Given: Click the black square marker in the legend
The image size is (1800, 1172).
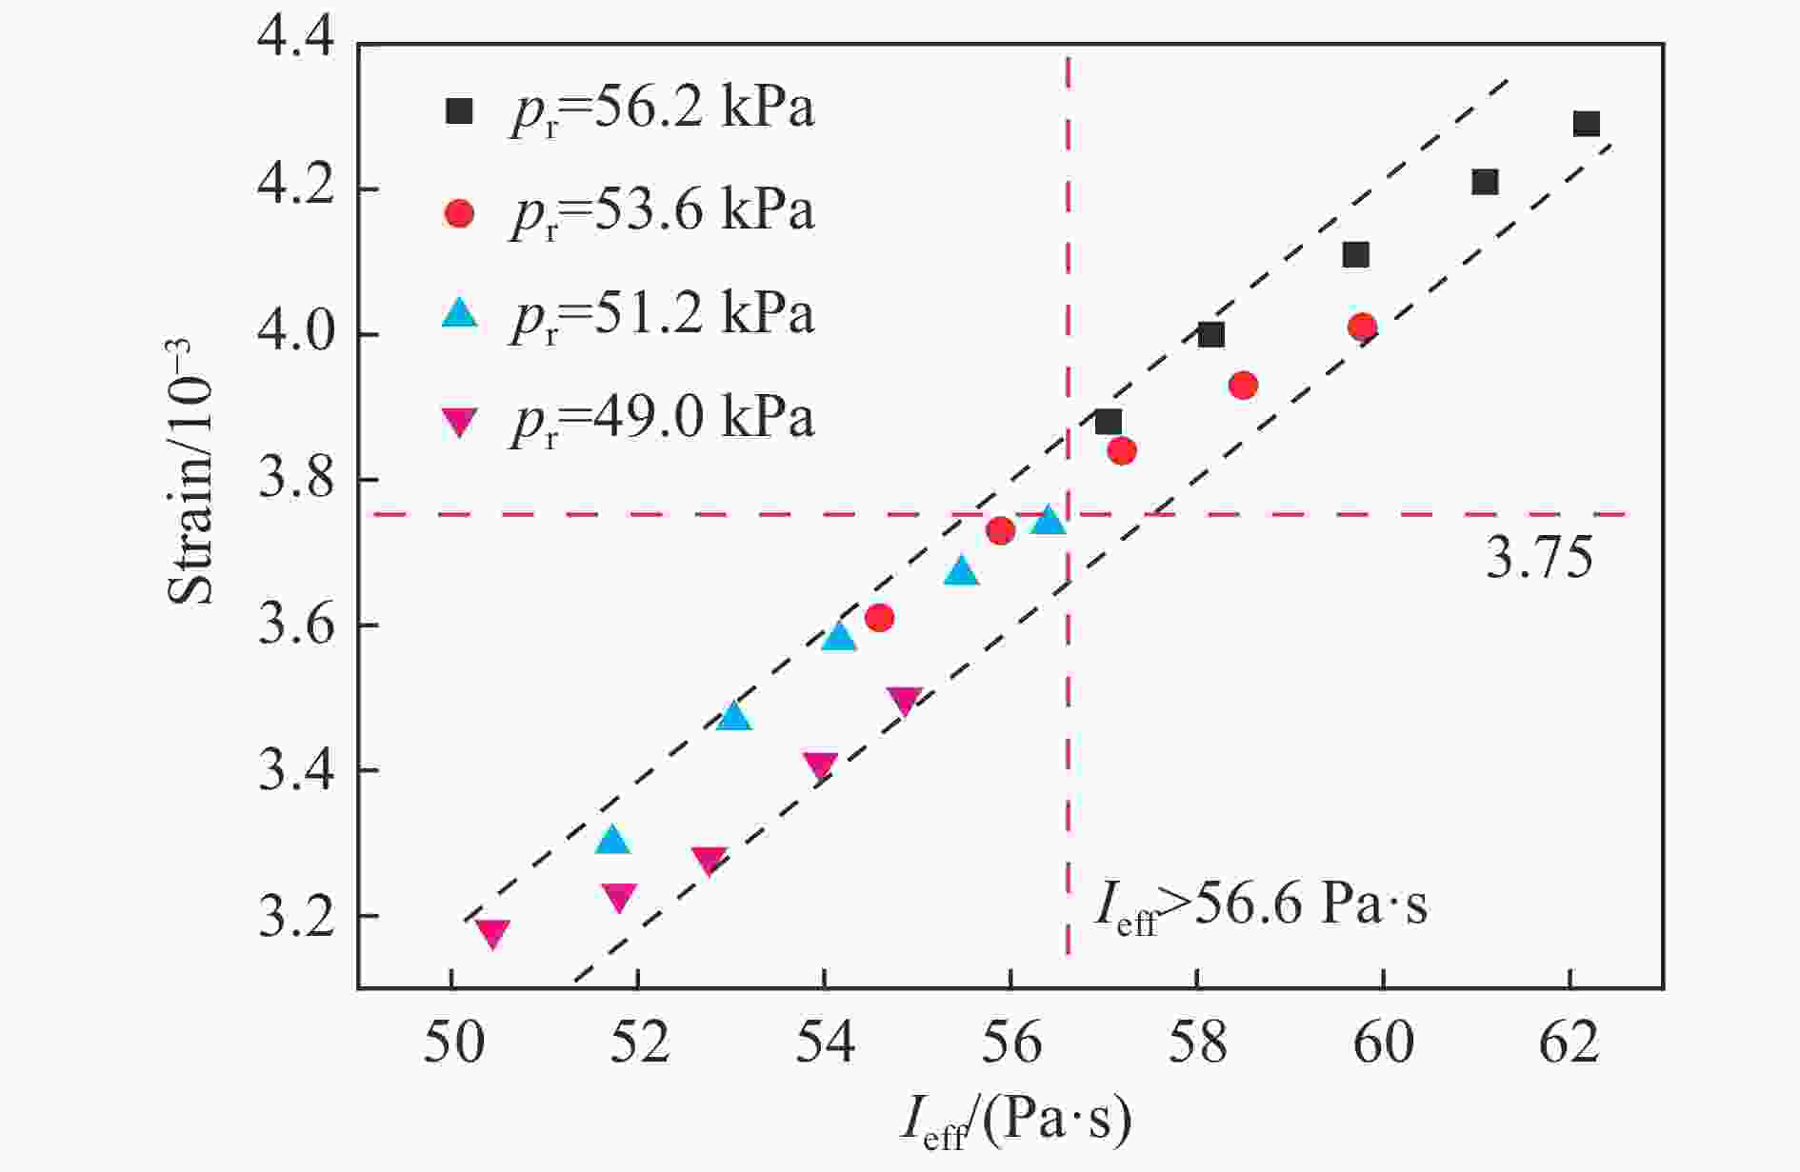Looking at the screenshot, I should pyautogui.click(x=459, y=110).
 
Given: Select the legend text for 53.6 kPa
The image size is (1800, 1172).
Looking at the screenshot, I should pyautogui.click(x=662, y=210).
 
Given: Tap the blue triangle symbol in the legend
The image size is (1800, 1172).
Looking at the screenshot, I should pyautogui.click(x=459, y=312).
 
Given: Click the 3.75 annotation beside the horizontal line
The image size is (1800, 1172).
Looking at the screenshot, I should pyautogui.click(x=1539, y=559).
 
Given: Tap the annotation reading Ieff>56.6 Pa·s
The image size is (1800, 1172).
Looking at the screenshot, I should pyautogui.click(x=1261, y=906).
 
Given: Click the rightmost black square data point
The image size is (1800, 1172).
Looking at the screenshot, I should pyautogui.click(x=1586, y=124).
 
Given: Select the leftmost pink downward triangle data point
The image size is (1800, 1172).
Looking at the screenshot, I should pyautogui.click(x=492, y=933).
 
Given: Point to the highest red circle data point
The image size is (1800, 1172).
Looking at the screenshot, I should pyautogui.click(x=1362, y=328).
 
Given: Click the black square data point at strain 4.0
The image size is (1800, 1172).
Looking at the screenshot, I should pyautogui.click(x=1210, y=334).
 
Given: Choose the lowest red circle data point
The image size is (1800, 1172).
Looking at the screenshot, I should pyautogui.click(x=879, y=618).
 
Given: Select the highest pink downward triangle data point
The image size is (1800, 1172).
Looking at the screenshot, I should pyautogui.click(x=904, y=701).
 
